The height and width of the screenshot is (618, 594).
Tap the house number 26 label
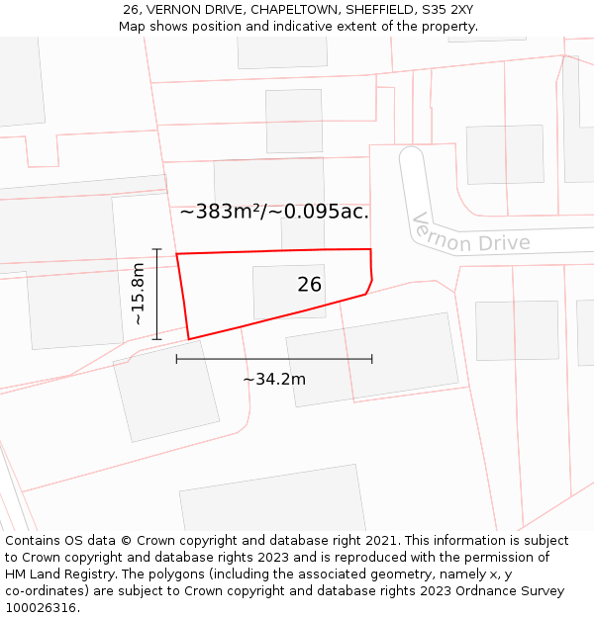click(310, 285)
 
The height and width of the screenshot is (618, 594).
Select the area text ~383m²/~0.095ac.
click(274, 212)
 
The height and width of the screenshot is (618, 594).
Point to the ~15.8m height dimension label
click(139, 294)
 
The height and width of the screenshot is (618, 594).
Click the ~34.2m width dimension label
click(274, 379)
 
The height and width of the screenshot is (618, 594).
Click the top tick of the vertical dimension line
click(156, 249)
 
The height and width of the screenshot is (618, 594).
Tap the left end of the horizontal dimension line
click(177, 359)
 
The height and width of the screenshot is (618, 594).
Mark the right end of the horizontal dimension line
click(372, 359)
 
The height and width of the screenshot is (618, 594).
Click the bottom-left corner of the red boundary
click(188, 339)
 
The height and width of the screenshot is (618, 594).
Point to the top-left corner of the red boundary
click(177, 254)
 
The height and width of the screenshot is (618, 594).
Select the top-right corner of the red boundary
click(370, 249)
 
